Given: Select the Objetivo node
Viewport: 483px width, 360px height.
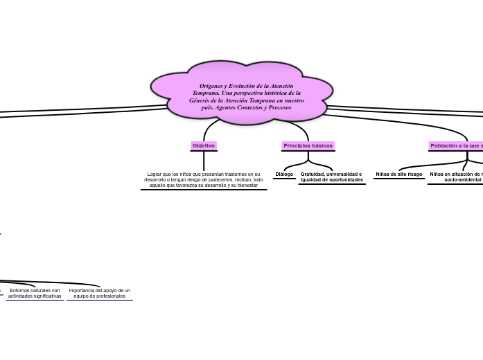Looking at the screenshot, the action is point(204,145).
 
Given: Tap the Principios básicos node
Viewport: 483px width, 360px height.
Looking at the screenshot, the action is point(308,145).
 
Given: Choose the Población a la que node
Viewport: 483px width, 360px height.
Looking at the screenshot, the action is point(456,145).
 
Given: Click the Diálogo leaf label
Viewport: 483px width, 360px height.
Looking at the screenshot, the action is point(284,174).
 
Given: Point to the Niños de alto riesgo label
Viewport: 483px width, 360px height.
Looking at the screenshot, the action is point(398,174).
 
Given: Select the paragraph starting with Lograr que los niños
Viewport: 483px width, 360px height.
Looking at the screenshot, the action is point(203,179).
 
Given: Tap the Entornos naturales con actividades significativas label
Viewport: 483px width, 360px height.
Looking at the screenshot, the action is point(35,293).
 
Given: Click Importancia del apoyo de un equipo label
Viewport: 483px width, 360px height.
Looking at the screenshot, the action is point(99,293).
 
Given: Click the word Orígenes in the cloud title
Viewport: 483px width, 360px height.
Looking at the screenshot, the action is point(213,85).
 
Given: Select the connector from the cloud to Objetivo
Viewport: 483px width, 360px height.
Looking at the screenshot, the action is point(207,128).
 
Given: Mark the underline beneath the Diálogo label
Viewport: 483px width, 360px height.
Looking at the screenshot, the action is point(284,179).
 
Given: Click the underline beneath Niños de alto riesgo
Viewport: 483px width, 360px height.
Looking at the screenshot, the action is point(398,179).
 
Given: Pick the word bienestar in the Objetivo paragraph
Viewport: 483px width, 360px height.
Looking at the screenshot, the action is point(246,185).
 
